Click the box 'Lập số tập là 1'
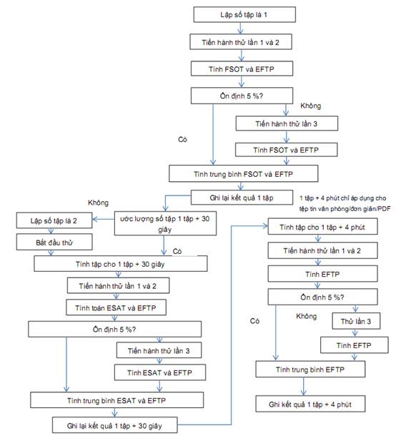tap(244, 14)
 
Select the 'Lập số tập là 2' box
tap(54, 220)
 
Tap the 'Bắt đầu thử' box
tap(54, 242)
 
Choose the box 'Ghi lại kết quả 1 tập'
tap(242, 198)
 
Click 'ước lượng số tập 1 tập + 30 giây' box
tap(165, 223)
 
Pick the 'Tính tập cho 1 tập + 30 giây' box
tap(121, 263)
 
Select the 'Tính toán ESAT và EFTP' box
tap(116, 307)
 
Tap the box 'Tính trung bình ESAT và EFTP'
tap(117, 400)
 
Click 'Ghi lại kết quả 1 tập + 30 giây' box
tap(115, 425)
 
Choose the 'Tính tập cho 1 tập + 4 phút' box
tap(322, 227)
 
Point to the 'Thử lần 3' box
tap(356, 321)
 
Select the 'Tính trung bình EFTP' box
tap(310, 369)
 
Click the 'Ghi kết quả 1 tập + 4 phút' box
tap(310, 404)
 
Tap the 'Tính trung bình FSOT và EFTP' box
tap(244, 173)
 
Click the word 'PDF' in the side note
tap(384, 208)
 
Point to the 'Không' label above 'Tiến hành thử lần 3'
tap(311, 106)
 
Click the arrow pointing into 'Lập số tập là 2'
tap(103, 219)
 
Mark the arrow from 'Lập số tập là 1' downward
tap(240, 29)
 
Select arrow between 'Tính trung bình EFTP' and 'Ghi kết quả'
tap(304, 387)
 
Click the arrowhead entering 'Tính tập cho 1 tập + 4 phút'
tap(266, 225)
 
